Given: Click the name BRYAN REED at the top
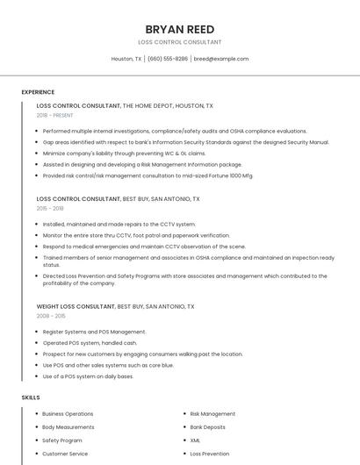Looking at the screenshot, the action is click(x=179, y=29).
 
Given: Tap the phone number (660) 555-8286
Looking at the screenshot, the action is click(x=168, y=59).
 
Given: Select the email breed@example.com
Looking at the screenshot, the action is click(x=221, y=59).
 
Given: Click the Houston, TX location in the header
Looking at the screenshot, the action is click(x=126, y=59).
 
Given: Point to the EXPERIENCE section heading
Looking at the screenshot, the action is click(x=38, y=92).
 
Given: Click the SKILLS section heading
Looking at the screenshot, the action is click(x=31, y=397).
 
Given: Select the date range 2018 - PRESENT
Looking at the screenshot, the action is click(x=55, y=115).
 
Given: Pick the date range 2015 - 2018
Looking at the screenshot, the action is click(x=50, y=209).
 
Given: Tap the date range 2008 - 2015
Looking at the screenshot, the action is click(x=51, y=316).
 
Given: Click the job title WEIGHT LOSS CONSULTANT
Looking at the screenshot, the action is click(x=76, y=307).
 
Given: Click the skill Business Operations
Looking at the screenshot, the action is click(x=68, y=413).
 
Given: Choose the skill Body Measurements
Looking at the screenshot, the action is click(x=68, y=427).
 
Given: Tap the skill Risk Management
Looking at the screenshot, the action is click(x=212, y=413).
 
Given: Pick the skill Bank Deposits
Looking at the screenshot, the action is click(x=207, y=427).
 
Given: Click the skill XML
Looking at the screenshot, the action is click(x=195, y=440).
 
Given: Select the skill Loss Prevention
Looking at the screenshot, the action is click(x=209, y=454).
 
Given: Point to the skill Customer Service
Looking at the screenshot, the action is click(x=65, y=454).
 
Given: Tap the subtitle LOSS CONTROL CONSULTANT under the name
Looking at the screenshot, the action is click(x=179, y=42).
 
